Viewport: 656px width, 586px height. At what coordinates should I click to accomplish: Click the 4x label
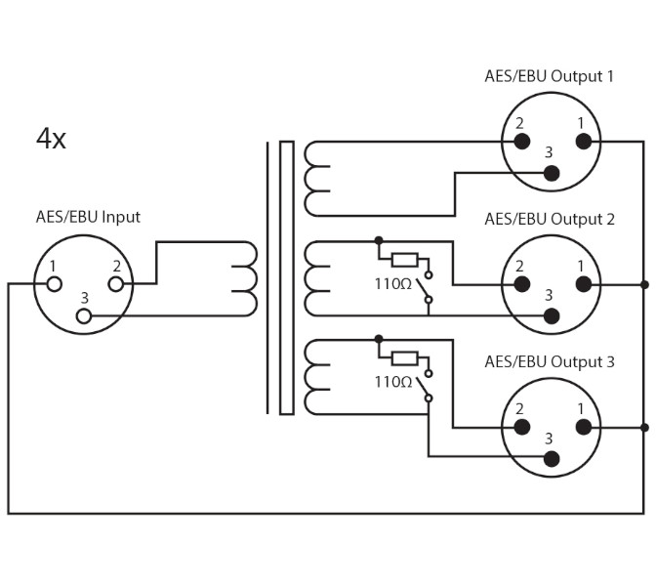pos(51,139)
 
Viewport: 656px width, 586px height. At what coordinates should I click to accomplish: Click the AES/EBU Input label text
pos(88,217)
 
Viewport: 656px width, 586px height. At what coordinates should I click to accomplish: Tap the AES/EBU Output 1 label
pos(550,76)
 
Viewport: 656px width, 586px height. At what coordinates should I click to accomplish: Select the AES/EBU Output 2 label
pos(550,219)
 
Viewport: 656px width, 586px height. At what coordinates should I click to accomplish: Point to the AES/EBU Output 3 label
pos(550,362)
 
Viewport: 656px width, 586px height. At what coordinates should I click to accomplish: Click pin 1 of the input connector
pos(55,284)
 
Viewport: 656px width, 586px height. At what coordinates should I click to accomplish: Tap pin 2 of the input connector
pos(116,284)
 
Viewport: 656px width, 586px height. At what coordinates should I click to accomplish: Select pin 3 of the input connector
pos(85,315)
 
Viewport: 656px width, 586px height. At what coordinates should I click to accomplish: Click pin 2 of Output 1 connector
pos(522,142)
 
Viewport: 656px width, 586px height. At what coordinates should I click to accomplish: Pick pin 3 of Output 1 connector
pos(552,173)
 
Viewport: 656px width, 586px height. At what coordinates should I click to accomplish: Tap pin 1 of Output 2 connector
pos(584,284)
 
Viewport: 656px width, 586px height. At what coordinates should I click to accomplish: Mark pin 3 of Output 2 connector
pos(552,315)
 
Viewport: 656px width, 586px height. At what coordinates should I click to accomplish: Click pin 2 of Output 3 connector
pos(522,427)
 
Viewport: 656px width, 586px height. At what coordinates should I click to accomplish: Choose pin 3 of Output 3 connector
pos(552,458)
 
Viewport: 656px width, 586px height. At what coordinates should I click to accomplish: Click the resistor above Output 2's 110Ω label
pos(404,260)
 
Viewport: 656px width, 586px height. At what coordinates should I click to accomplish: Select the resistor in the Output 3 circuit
pos(404,357)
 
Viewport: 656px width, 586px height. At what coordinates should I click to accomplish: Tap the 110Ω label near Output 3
pos(392,382)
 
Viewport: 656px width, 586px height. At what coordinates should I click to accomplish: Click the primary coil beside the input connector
pos(244,278)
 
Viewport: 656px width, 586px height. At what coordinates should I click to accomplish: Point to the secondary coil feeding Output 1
pos(315,178)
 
